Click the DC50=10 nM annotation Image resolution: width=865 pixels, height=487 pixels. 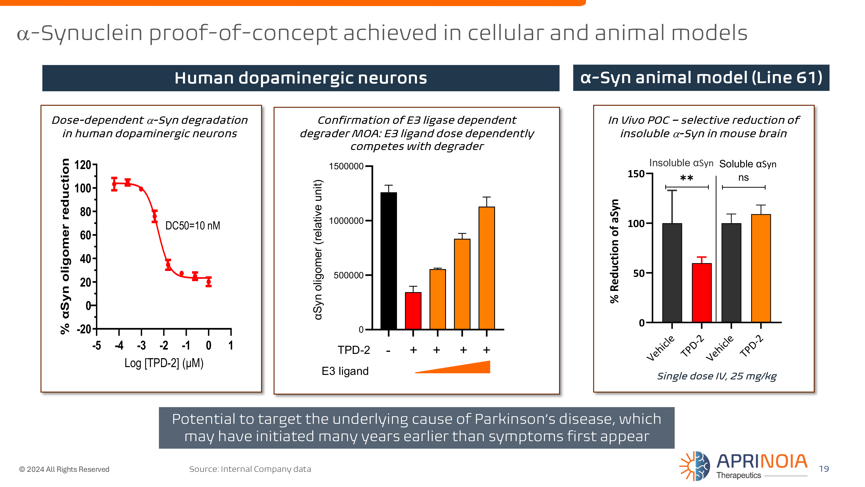(193, 226)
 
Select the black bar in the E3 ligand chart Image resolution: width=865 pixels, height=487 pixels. (389, 261)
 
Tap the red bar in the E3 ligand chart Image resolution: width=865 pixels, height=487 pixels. (413, 311)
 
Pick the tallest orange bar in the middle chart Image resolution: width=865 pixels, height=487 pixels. (487, 268)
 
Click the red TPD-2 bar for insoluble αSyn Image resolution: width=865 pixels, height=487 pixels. (702, 293)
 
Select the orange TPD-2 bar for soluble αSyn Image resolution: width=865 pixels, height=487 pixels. (761, 268)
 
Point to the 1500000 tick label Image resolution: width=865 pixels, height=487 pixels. (346, 166)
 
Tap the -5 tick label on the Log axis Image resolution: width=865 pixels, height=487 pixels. (97, 345)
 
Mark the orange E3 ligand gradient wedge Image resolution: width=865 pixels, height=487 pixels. (453, 367)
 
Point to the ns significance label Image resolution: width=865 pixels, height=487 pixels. (743, 177)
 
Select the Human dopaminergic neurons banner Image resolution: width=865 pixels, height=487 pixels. (301, 78)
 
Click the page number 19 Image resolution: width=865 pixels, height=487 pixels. (824, 469)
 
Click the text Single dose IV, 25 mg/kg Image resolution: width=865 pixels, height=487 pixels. (717, 376)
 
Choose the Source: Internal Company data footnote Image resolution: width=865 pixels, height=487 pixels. (250, 469)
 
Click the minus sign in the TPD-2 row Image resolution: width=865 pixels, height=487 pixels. (389, 351)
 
